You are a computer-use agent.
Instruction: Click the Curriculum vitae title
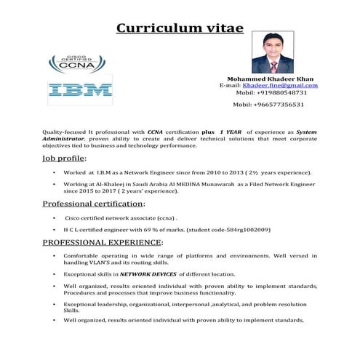(x=180, y=29)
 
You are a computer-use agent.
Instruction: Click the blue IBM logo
(x=80, y=90)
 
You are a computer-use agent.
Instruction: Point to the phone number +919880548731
(x=287, y=93)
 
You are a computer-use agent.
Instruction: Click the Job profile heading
(x=64, y=158)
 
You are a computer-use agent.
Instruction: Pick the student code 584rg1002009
(x=244, y=229)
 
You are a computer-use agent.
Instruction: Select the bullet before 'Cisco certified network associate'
(x=55, y=217)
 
